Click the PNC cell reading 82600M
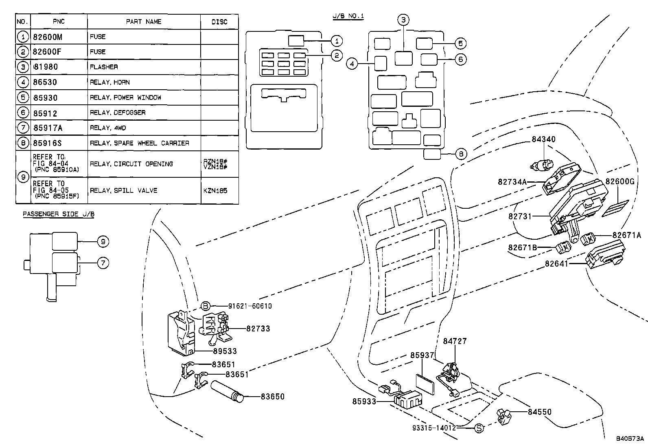(48, 37)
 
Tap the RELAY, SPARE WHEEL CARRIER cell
(139, 143)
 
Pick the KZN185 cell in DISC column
(215, 190)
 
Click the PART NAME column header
(144, 22)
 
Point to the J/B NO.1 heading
(348, 16)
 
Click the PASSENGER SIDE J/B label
(59, 214)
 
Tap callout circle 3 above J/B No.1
(403, 20)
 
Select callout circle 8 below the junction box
(461, 154)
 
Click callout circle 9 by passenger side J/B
(103, 242)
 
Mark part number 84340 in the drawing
(543, 139)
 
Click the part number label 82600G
(620, 181)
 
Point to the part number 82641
(556, 264)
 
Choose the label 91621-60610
(250, 306)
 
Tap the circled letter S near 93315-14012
(479, 428)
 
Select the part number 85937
(422, 355)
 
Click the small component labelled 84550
(505, 417)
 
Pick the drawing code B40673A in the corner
(630, 439)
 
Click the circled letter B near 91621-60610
(206, 306)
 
